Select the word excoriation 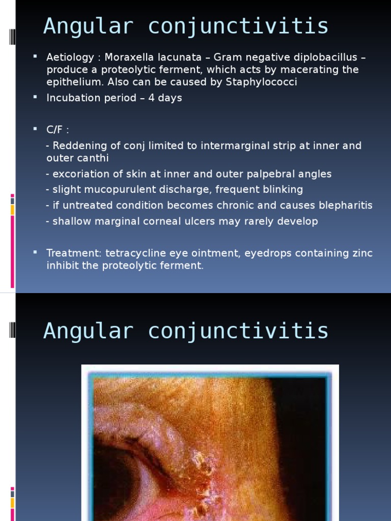(x=81, y=174)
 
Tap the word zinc (x=362, y=253)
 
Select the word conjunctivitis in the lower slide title (x=238, y=331)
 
